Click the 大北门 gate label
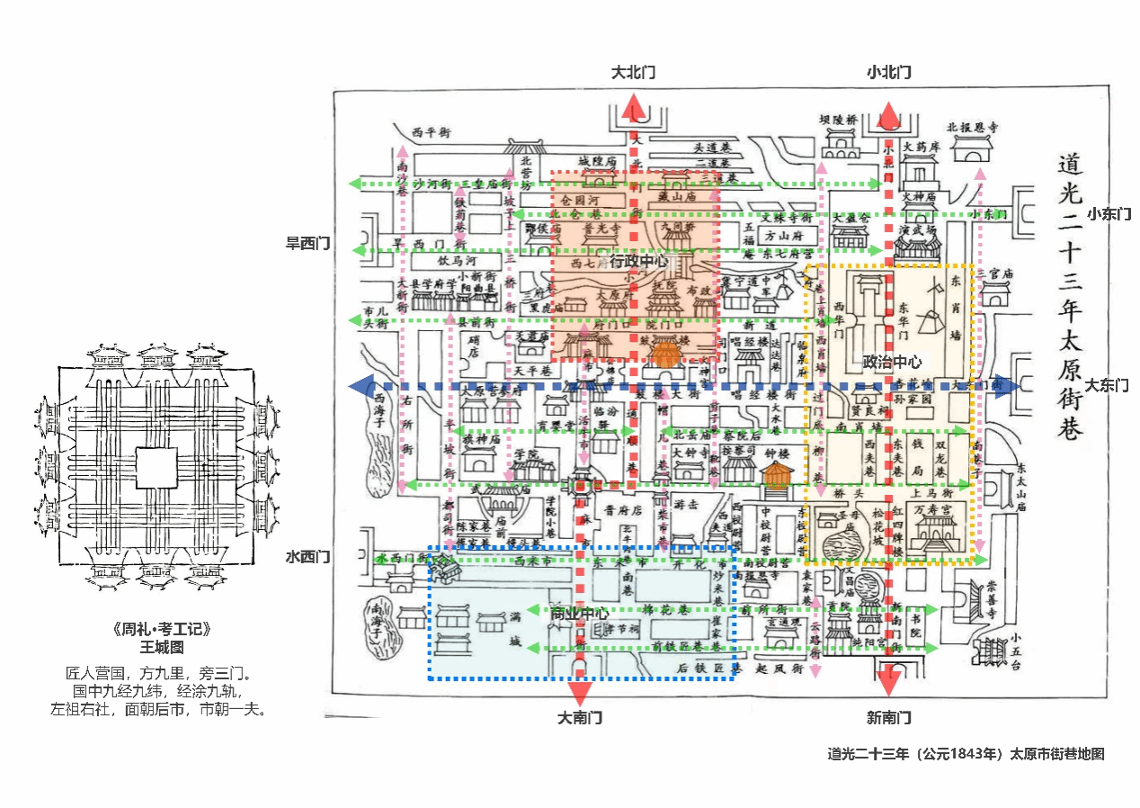(634, 73)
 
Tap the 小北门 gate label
(888, 73)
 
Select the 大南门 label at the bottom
(580, 718)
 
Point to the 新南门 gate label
(888, 718)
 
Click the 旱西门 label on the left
(307, 243)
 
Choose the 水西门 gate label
(307, 556)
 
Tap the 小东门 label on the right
(1109, 214)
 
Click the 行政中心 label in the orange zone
(639, 262)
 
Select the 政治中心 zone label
(892, 362)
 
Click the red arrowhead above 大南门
(580, 691)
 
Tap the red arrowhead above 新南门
(888, 681)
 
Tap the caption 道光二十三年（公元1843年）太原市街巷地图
(966, 754)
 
